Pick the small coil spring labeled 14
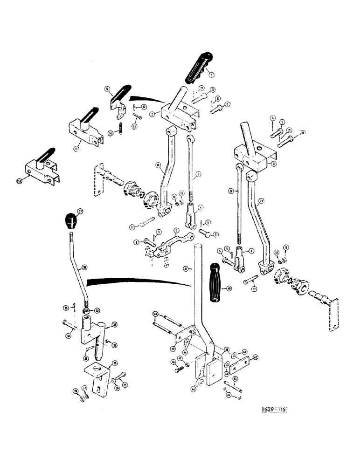[119, 128]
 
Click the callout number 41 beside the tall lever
[186, 269]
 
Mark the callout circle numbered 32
[114, 325]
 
